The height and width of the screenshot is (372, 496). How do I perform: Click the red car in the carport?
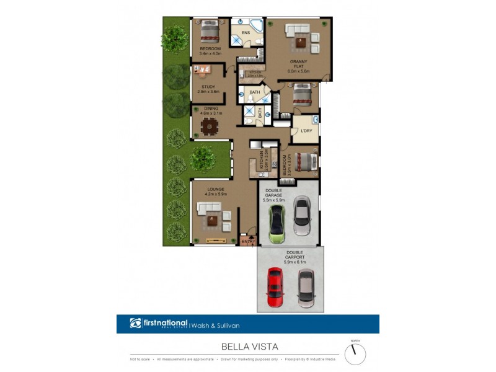pos(275,287)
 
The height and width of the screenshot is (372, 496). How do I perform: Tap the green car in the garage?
pos(277,224)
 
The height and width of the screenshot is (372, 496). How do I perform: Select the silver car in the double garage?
pos(301,215)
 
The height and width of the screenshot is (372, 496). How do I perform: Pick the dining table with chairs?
pos(209,127)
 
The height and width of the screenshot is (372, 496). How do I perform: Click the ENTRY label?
pos(247,241)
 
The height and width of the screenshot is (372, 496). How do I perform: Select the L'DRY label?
pos(306,131)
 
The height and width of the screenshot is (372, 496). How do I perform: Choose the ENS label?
pos(246,32)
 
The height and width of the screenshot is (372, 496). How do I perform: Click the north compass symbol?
pos(355,353)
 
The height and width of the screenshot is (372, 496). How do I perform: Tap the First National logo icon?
pos(136,324)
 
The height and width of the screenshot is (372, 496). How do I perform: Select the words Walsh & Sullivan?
pos(215,325)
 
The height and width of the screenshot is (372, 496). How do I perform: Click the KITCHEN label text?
pos(262,160)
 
